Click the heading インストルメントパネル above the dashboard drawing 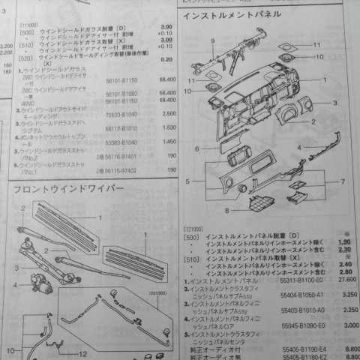[232, 15]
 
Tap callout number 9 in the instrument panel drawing [213, 40]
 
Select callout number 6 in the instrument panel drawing [197, 149]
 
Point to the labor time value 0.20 [166, 59]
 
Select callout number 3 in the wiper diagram [17, 268]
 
